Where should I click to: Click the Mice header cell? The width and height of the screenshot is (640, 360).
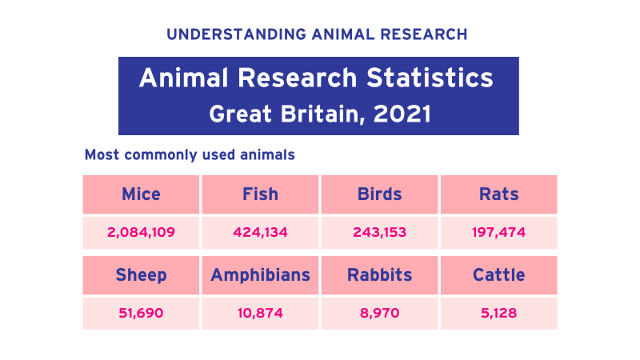click(141, 194)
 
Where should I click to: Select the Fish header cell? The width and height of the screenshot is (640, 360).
click(260, 194)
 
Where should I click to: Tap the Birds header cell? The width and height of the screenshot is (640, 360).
click(379, 194)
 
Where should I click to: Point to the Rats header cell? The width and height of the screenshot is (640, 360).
click(498, 194)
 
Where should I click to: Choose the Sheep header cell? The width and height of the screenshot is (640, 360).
click(141, 275)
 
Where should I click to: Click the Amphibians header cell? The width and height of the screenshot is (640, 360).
click(260, 275)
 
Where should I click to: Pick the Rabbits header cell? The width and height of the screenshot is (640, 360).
click(379, 275)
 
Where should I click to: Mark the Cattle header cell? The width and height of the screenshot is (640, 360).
click(498, 275)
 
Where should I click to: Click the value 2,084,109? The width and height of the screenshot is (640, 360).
click(141, 233)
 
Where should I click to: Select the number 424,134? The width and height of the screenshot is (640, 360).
click(260, 233)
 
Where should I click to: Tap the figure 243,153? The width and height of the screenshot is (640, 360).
click(379, 233)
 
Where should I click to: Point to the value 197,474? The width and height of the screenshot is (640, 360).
click(498, 233)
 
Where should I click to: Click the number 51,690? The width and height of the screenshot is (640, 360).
click(141, 313)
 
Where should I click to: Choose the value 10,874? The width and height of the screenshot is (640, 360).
click(260, 313)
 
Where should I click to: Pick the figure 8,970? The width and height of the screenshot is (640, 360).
click(379, 313)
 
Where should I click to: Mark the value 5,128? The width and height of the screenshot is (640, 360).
click(498, 313)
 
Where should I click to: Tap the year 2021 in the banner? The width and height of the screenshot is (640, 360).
click(403, 114)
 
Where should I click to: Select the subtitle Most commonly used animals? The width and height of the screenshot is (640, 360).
click(190, 154)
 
